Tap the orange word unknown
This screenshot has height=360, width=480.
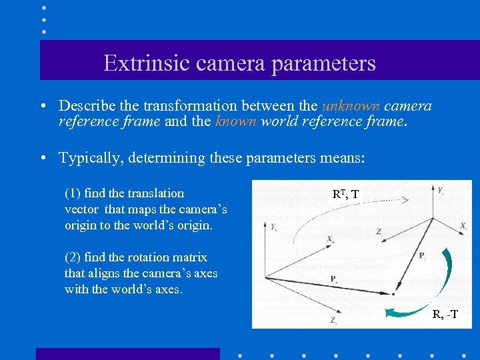tap(351, 106)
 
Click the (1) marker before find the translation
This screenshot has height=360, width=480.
tap(73, 193)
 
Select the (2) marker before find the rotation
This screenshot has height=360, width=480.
tap(73, 257)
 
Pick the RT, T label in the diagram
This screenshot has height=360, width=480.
tap(345, 194)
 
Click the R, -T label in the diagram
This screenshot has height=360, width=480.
tap(445, 315)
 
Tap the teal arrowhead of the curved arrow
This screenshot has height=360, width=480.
tap(394, 309)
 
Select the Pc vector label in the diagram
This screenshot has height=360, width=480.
tap(422, 255)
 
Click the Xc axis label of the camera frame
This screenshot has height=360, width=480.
tap(463, 227)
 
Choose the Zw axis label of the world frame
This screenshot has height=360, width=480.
tap(333, 321)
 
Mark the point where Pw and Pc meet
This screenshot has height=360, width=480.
tap(394, 293)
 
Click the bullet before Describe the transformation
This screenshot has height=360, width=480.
tap(42, 107)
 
